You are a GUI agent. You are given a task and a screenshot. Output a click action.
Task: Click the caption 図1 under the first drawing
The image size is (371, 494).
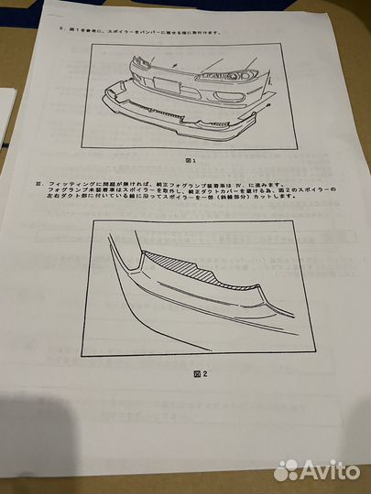(x=191, y=159)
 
